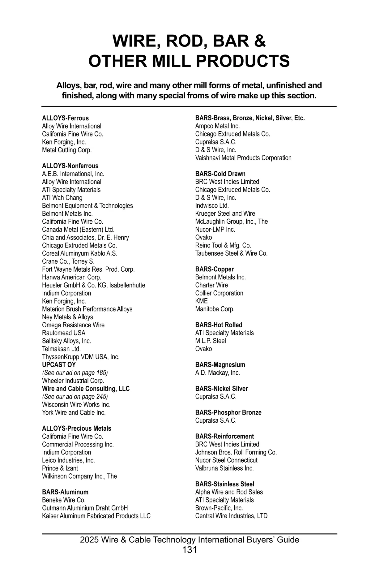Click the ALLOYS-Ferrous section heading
65,118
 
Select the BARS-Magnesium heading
220,365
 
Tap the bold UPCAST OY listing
59,365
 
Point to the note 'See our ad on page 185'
75,373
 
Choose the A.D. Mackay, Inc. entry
217,373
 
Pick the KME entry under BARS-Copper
201,301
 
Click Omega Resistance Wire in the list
73,325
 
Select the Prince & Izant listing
60,468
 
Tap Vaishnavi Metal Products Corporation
243,158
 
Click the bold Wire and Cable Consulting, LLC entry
86,389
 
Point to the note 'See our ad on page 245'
75,397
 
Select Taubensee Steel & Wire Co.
231,253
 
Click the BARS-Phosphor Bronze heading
228,412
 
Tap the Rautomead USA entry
64,333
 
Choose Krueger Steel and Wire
225,213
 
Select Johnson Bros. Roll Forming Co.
236,452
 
